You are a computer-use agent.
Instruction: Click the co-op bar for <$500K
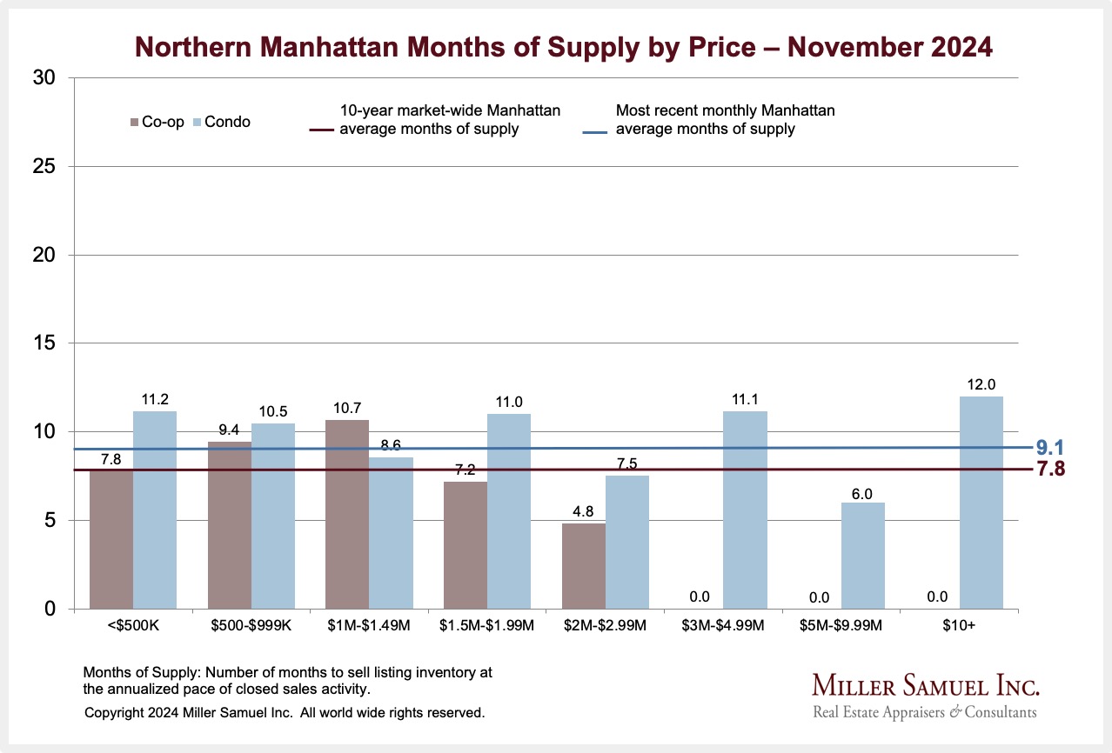111,539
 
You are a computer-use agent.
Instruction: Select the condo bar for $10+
981,503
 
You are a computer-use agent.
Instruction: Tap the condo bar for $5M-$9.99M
863,556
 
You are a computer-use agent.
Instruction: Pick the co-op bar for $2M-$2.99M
584,566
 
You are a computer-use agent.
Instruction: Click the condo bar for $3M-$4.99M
745,510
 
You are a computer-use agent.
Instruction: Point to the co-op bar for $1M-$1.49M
347,514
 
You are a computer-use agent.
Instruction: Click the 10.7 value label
346,407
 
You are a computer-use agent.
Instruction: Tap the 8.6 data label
391,444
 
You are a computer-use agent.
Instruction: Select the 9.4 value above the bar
229,429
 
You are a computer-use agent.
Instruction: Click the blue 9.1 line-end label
1049,449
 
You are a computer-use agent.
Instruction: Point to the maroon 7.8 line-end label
1049,470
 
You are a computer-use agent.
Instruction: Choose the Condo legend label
230,122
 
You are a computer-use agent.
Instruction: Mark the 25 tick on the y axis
46,166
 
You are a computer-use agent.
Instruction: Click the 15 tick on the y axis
46,343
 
